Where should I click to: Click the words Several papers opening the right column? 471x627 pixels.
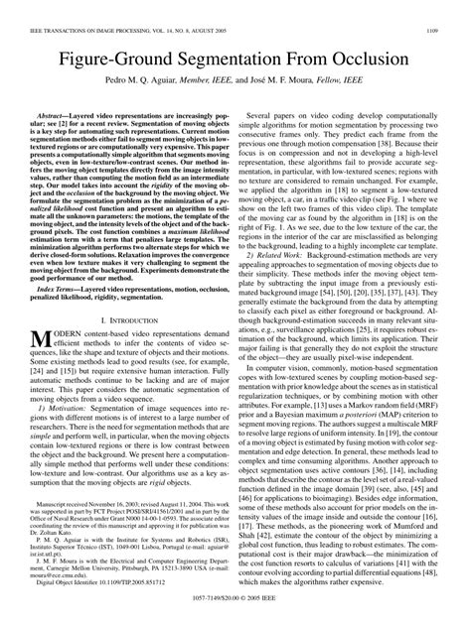click(x=280, y=117)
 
